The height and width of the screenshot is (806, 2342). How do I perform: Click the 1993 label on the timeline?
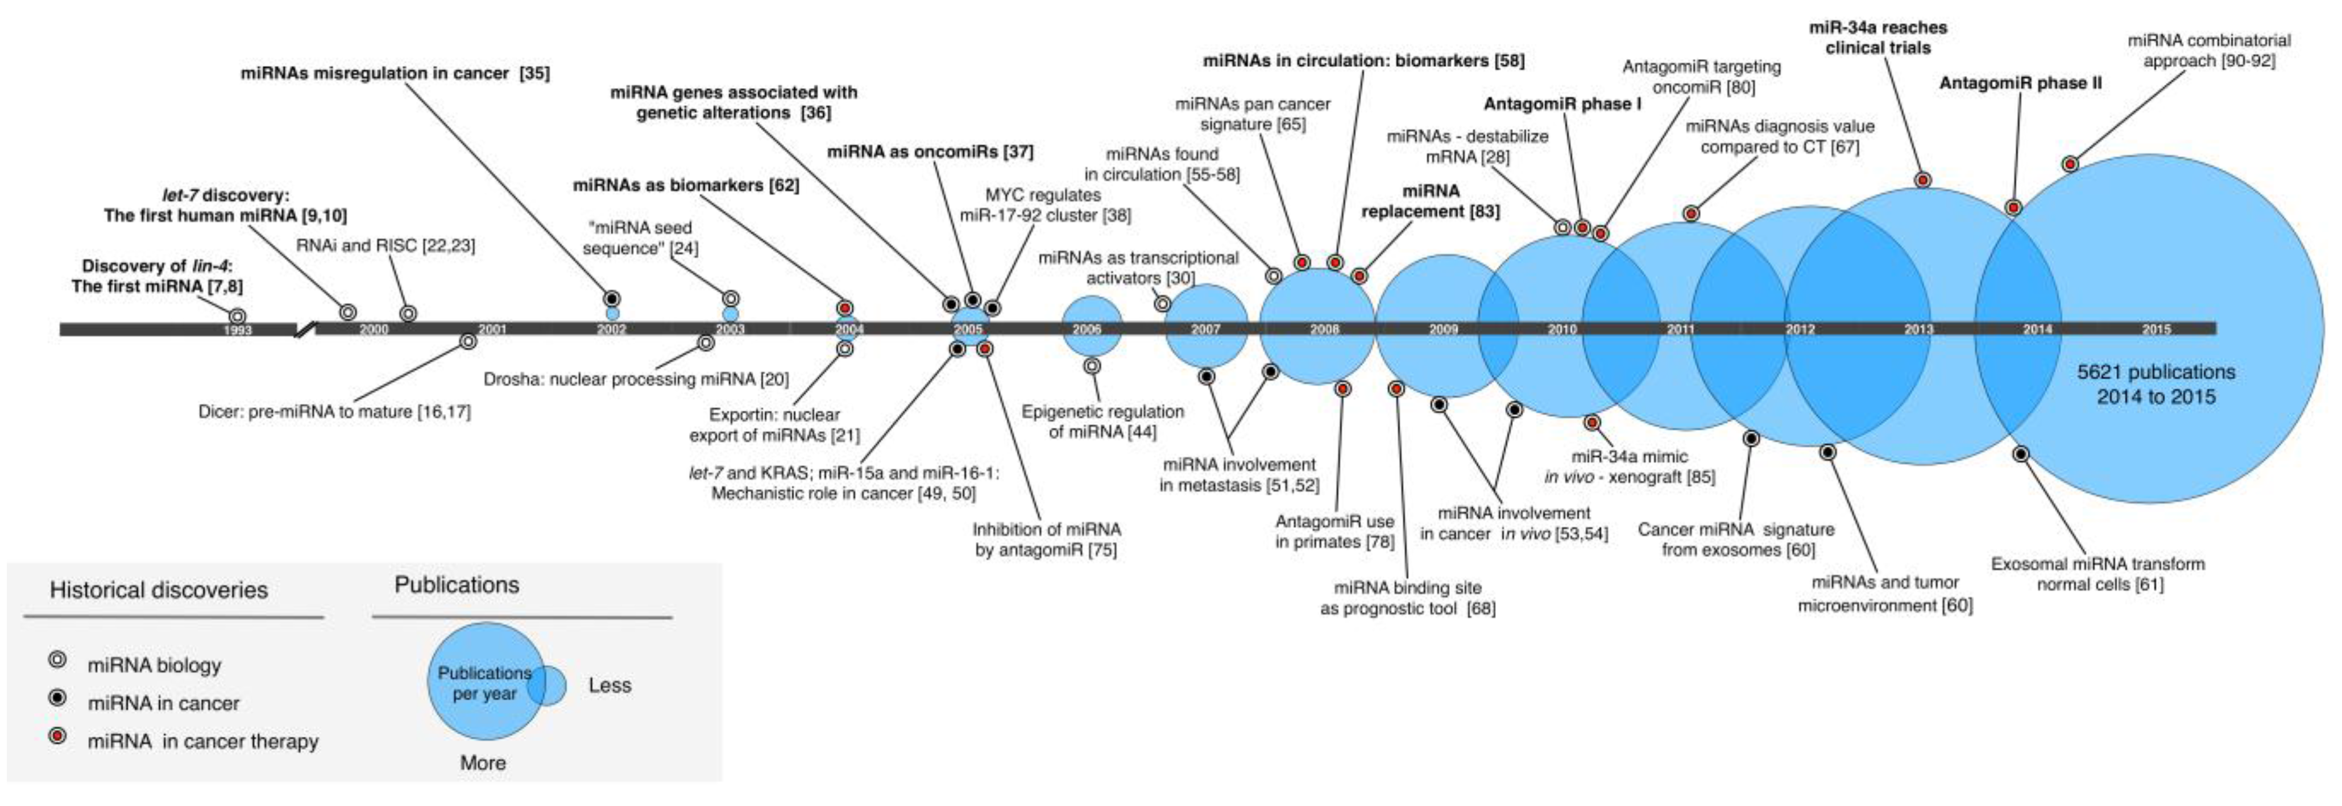click(x=237, y=330)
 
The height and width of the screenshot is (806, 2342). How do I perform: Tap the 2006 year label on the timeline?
click(x=1087, y=329)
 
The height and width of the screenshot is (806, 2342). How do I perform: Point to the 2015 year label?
click(x=2157, y=329)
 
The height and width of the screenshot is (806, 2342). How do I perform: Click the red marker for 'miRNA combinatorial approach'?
click(x=2070, y=164)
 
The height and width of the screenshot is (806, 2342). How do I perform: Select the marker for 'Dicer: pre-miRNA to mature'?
click(x=467, y=342)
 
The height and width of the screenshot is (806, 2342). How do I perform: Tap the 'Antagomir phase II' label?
click(x=2020, y=83)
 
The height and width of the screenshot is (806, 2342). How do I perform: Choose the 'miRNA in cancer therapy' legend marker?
click(x=58, y=738)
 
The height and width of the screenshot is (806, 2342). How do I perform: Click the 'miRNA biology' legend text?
click(x=154, y=665)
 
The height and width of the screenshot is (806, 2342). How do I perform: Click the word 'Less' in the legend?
click(x=609, y=685)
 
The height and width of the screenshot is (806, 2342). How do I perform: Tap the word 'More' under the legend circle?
click(x=483, y=762)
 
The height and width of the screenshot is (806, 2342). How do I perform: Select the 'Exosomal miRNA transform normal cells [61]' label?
click(x=2098, y=573)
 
